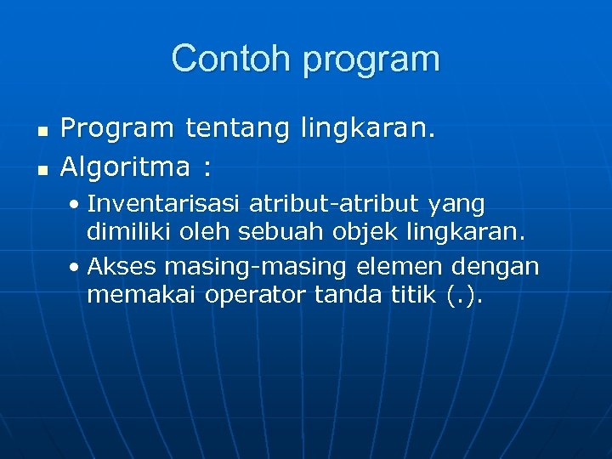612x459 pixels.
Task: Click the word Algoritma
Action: pyautogui.click(x=126, y=167)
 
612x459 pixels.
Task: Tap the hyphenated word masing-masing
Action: pyautogui.click(x=255, y=268)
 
